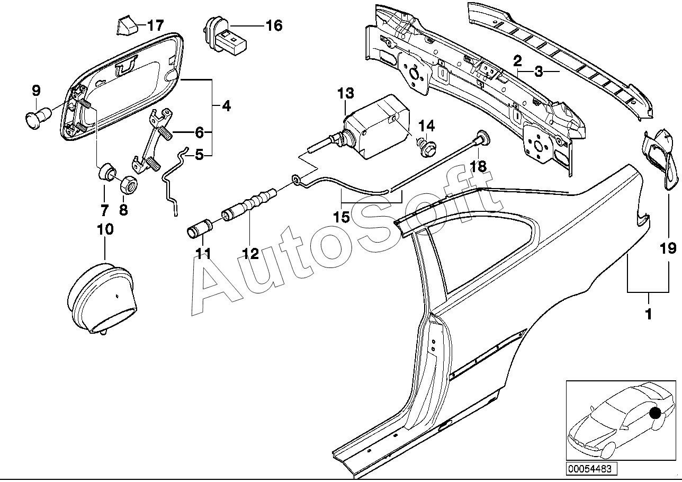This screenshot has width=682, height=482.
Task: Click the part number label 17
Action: [155, 25]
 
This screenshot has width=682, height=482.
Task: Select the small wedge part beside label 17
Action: [126, 25]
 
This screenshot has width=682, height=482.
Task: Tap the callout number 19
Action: [668, 247]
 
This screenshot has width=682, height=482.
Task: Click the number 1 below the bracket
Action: [648, 314]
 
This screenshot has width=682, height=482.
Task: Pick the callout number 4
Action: [226, 106]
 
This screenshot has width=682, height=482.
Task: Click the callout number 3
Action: [538, 72]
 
